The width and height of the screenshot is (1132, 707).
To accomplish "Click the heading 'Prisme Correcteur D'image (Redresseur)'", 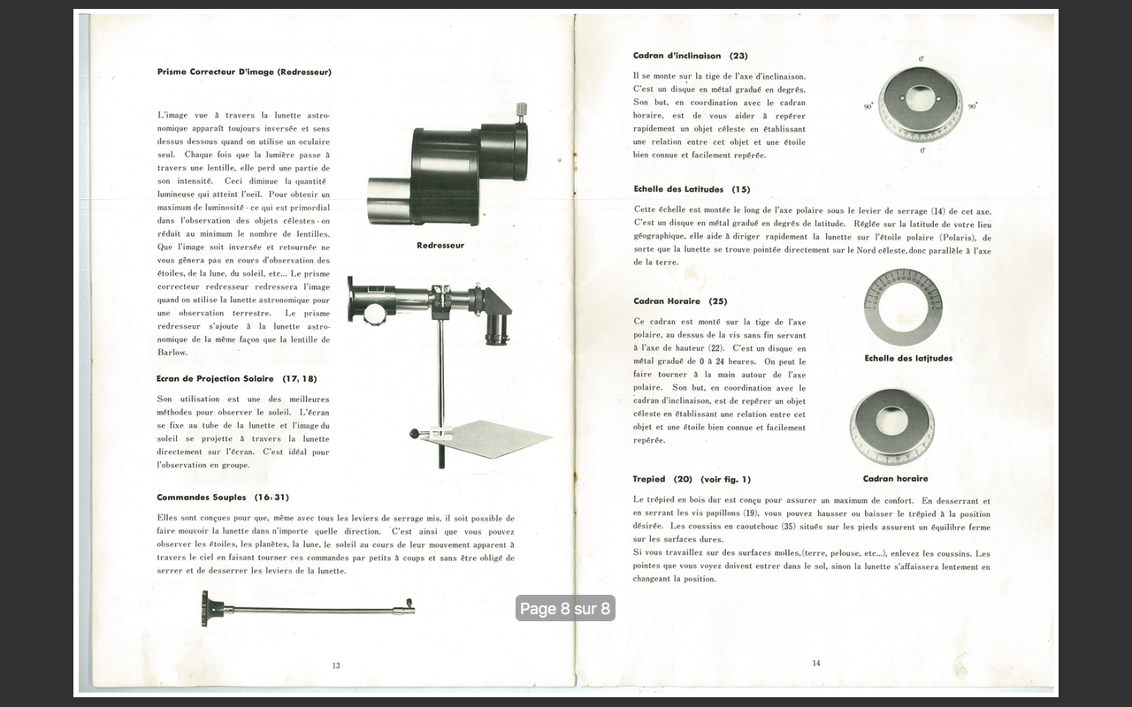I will pos(244,72).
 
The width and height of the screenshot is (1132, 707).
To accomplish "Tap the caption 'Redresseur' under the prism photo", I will pos(440,245).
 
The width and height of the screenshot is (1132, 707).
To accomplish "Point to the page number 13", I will pos(336,665).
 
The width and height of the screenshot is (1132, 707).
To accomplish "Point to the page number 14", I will pos(815,663).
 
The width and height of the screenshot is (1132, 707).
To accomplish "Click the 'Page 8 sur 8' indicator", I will pos(565,608).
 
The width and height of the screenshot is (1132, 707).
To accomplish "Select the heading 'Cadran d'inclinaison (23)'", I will pos(690,56).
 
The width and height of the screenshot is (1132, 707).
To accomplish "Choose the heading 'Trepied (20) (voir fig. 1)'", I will pos(692,479).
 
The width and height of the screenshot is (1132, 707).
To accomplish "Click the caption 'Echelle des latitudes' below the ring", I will pos(908,358).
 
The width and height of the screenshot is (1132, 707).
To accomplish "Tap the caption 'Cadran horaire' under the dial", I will pos(895,478).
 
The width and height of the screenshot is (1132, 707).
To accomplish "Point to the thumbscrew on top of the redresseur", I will pos(522,110).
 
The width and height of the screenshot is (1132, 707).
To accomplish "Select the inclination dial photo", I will pos(920,104).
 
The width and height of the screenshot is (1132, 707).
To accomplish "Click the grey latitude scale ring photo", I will pos(902,308).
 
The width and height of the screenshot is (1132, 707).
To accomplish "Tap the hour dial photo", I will pos(891,426).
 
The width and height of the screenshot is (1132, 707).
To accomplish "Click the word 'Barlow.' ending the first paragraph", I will pos(172,353).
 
